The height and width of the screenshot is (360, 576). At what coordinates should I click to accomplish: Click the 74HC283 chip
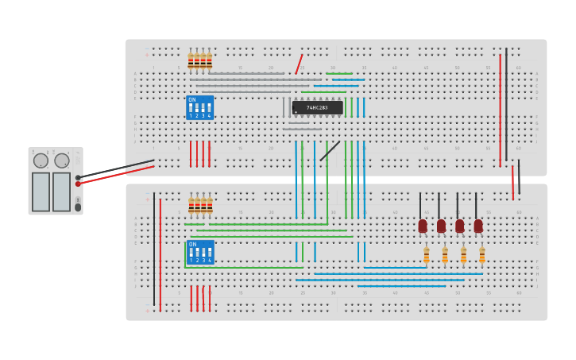(317, 107)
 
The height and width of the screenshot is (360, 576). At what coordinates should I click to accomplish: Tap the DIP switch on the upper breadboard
(199, 108)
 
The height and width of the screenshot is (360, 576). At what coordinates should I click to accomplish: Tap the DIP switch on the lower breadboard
(200, 253)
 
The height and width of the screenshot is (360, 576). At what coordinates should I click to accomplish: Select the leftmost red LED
(423, 226)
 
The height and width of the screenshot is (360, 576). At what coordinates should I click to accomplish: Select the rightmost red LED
(478, 226)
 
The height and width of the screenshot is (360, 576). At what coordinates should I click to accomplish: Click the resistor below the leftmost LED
(427, 255)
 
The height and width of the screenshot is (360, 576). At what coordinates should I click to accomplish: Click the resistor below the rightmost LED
(482, 255)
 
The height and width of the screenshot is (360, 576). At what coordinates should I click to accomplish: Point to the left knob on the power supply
(41, 161)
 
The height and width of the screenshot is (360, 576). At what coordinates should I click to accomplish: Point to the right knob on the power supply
(62, 161)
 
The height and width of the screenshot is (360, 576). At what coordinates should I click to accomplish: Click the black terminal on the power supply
(78, 177)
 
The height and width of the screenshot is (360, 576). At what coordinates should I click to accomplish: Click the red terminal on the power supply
(78, 184)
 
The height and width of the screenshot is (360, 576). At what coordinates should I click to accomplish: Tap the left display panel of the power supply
(41, 192)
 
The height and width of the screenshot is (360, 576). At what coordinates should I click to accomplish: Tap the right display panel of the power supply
(61, 192)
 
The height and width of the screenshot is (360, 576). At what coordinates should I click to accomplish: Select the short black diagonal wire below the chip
(330, 151)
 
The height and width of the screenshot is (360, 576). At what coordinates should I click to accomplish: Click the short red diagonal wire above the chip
(299, 64)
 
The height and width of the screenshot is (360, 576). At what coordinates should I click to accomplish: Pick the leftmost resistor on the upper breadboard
(191, 61)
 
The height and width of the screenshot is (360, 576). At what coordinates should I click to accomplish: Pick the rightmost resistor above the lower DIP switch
(210, 206)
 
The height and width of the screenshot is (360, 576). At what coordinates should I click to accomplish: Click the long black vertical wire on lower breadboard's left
(154, 250)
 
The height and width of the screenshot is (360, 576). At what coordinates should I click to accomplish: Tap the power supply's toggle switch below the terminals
(78, 207)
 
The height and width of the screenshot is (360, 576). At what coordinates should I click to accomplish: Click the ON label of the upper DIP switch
(191, 100)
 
